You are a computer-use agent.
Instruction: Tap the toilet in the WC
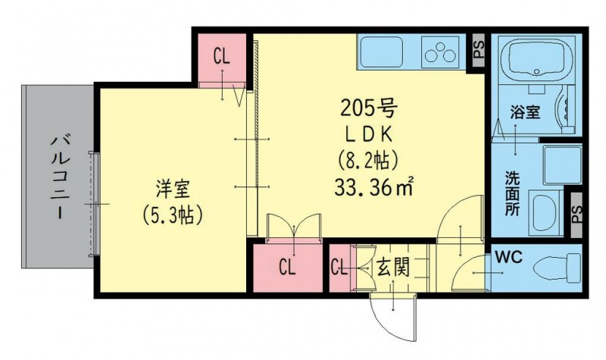[x=557, y=267]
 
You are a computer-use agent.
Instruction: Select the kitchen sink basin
[x=381, y=52]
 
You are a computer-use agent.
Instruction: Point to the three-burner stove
[x=440, y=52]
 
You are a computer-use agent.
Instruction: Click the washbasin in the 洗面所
[x=544, y=212]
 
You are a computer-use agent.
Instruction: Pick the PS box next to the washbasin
[x=576, y=213]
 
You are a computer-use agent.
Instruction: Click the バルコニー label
[x=60, y=177]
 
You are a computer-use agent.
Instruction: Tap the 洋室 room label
[x=173, y=189]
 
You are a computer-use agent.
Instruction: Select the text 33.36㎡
[x=373, y=188]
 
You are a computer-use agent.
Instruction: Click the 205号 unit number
[x=368, y=109]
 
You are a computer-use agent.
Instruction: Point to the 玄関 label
[x=393, y=268]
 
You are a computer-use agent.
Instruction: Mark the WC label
[x=508, y=257]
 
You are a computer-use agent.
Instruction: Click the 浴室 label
[x=525, y=112]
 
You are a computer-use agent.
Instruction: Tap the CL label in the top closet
[x=221, y=58]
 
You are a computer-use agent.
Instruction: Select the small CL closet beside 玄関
[x=339, y=268]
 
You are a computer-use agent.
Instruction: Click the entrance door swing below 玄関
[x=393, y=316]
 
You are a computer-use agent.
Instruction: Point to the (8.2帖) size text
[x=368, y=160]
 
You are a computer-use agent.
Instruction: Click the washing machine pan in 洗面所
[x=562, y=165]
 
